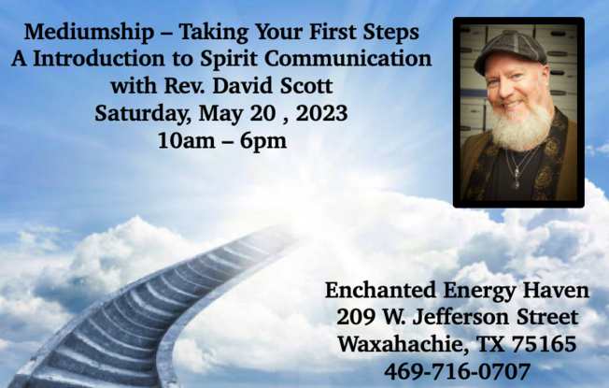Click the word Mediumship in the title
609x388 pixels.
click(x=89, y=33)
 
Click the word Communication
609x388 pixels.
click(x=348, y=58)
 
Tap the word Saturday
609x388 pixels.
click(x=143, y=114)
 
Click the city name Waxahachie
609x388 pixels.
click(x=403, y=345)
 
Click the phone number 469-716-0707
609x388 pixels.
click(x=457, y=371)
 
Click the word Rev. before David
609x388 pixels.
click(x=185, y=86)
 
